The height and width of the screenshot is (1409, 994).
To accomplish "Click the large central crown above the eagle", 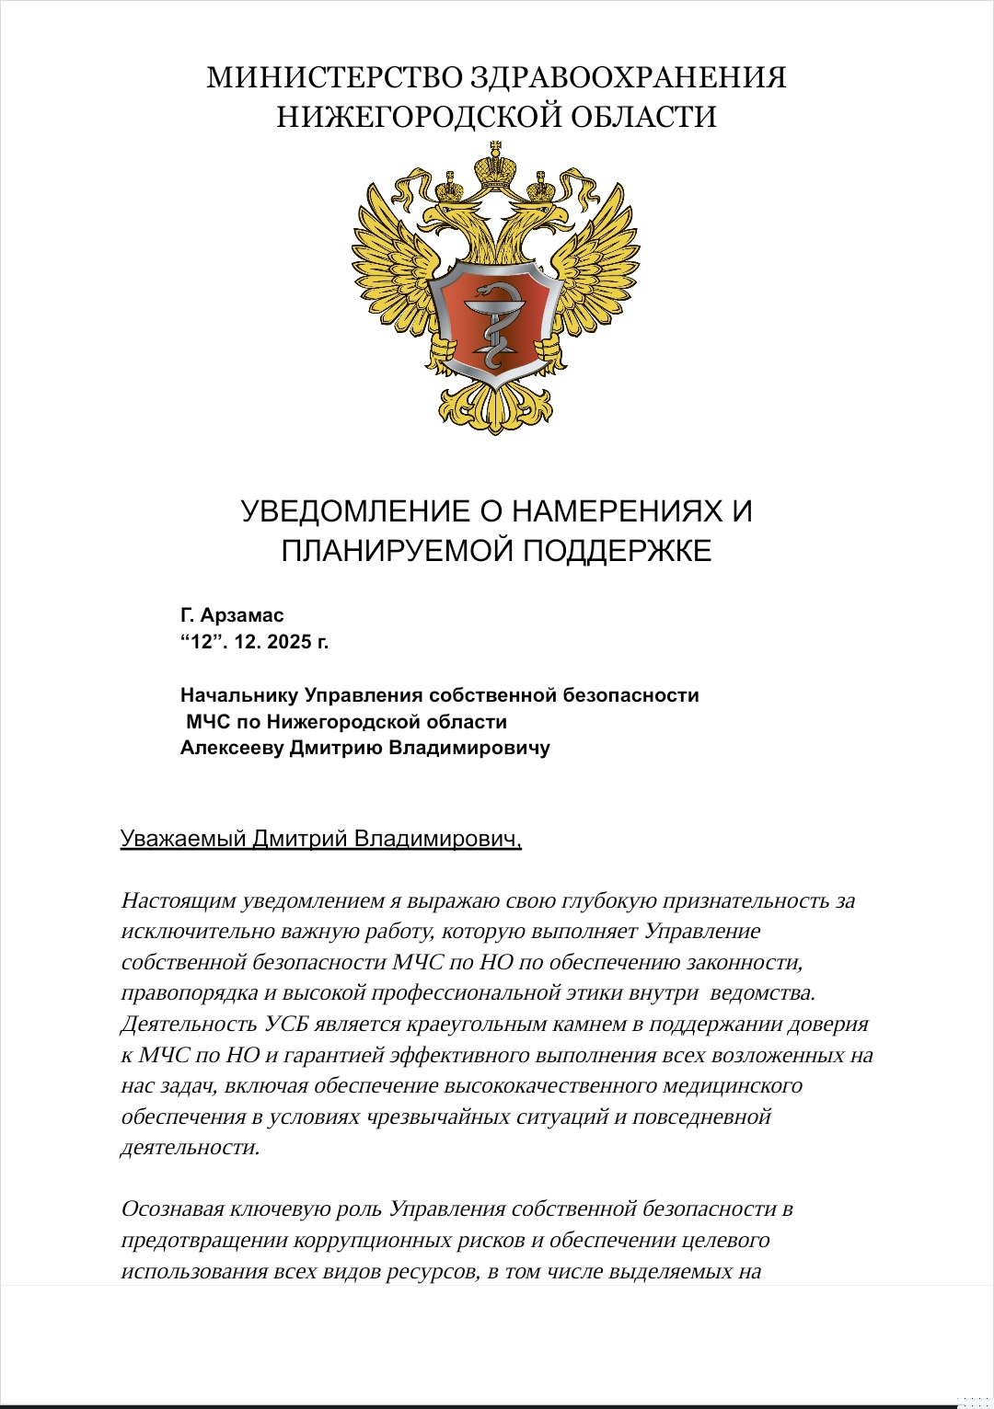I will (496, 166).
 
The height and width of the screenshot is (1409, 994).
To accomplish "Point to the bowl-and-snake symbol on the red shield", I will (495, 322).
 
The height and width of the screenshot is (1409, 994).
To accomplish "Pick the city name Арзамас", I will (242, 615).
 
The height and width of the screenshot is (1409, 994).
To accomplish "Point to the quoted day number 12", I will (202, 642).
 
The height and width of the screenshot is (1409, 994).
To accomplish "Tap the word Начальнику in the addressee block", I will (239, 695).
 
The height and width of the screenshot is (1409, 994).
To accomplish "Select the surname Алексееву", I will (232, 748).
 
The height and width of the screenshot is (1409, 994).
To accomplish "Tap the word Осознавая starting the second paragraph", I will (172, 1209).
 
